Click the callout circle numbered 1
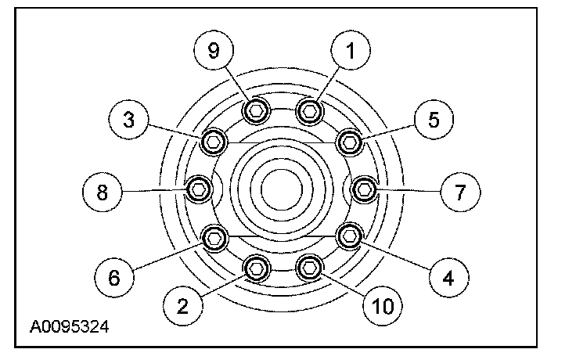coord(351,52)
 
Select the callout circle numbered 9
coord(214,52)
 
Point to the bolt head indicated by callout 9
coord(254,112)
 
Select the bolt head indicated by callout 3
coord(213,141)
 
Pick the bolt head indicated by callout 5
coord(350,142)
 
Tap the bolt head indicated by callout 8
coord(199,188)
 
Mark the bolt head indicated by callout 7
coord(364,189)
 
